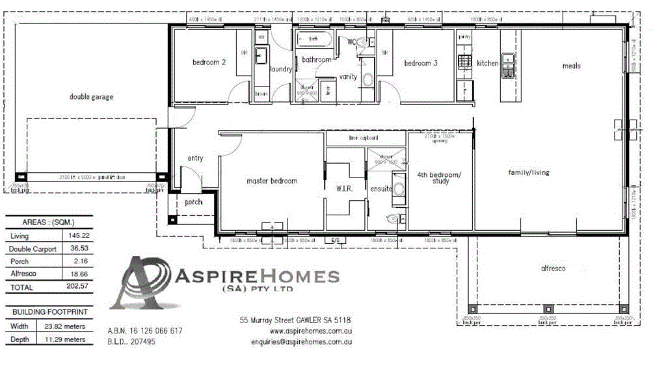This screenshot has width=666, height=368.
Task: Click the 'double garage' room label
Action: [91, 97]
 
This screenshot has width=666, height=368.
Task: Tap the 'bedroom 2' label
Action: [209, 63]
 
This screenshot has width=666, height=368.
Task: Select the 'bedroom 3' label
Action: [421, 63]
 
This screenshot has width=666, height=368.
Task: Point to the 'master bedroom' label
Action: [272, 181]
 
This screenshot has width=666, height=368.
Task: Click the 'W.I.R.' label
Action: [345, 189]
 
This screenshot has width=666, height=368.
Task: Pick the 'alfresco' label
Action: [553, 269]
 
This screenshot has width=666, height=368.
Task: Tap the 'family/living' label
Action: [529, 172]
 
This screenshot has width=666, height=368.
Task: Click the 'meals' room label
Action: [571, 66]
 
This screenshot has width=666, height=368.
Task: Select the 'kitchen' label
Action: [487, 63]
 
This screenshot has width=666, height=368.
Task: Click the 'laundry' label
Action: [280, 69]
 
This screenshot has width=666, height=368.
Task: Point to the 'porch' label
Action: [194, 202]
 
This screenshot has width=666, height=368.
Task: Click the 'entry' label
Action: [195, 158]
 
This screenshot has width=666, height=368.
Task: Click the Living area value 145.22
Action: [77, 236]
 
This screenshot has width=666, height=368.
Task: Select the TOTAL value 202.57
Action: [77, 287]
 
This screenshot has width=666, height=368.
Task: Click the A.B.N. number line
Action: [144, 331]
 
